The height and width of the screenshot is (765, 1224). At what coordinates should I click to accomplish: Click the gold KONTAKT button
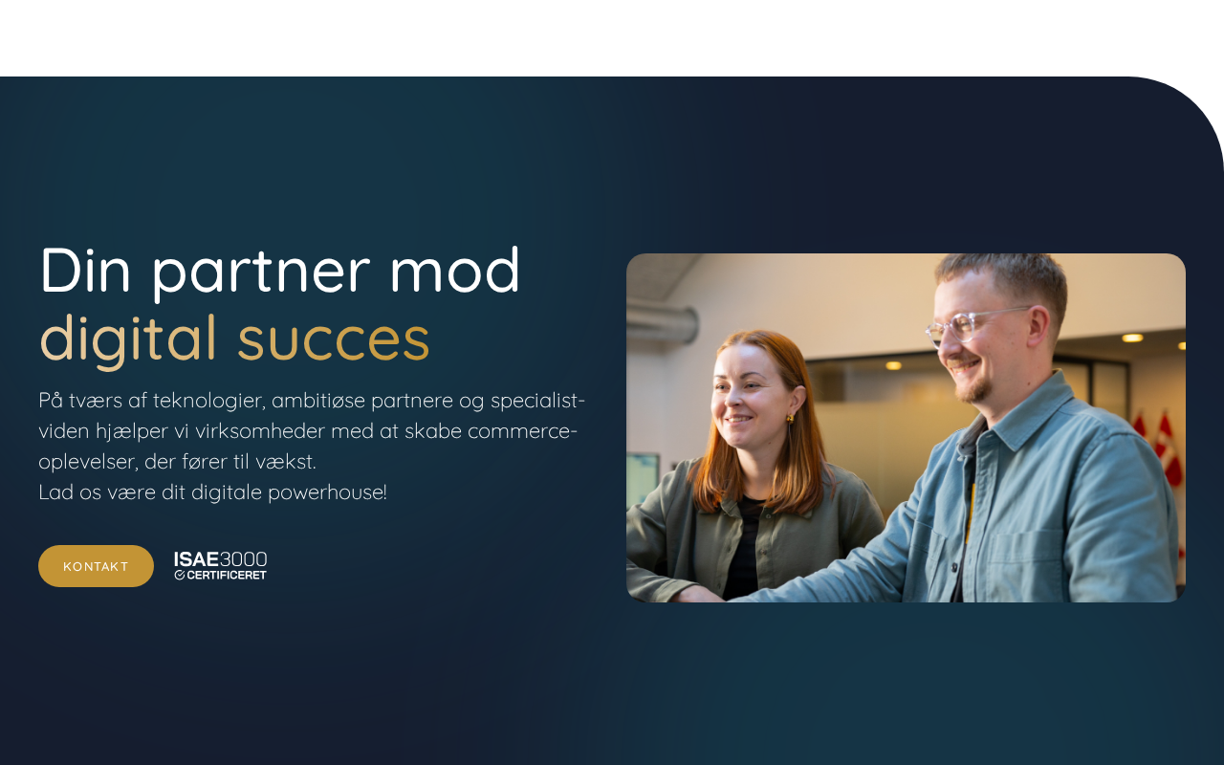click(x=97, y=566)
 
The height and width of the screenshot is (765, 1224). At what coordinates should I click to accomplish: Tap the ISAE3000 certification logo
click(x=220, y=565)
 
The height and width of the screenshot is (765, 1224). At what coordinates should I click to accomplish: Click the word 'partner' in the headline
click(x=261, y=273)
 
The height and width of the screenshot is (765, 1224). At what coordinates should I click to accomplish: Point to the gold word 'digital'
click(x=128, y=339)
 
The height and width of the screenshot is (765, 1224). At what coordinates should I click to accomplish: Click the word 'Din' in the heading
click(x=85, y=271)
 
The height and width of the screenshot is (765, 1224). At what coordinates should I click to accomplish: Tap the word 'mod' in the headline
click(x=454, y=270)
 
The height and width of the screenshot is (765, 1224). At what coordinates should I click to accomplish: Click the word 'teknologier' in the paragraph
click(x=209, y=402)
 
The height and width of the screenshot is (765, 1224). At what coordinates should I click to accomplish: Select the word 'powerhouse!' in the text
click(x=327, y=493)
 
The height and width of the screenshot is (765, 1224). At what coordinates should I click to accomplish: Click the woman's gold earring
click(x=790, y=419)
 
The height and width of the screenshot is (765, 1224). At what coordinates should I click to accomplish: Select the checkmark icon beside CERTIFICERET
click(x=179, y=575)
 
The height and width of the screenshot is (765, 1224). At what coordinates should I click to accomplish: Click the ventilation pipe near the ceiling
click(x=663, y=322)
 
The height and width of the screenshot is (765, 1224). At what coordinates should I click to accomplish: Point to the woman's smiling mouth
click(x=739, y=420)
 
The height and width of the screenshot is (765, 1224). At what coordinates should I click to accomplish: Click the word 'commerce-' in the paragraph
click(x=522, y=431)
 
